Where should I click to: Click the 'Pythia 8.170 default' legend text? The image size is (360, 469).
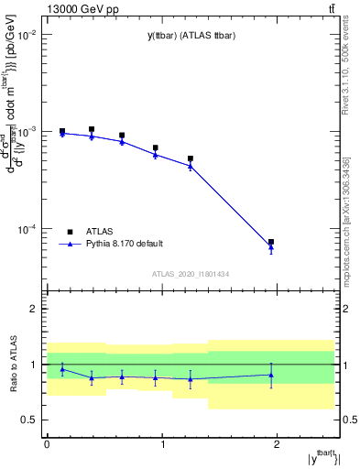coord(124,244)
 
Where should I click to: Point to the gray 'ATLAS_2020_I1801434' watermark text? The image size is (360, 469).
coord(190,274)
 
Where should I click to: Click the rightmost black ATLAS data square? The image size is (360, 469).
coord(271,242)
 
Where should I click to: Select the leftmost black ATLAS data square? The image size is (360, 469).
coord(62,131)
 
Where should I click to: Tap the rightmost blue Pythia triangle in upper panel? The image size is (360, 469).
coord(271,247)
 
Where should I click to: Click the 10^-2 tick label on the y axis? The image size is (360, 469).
coord(26,34)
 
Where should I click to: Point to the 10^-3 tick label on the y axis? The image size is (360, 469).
coord(26,131)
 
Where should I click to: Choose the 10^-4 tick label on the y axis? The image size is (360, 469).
coord(26,229)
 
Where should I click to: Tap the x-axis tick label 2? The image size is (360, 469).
coord(278,443)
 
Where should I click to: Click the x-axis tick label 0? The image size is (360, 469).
coord(47,443)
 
